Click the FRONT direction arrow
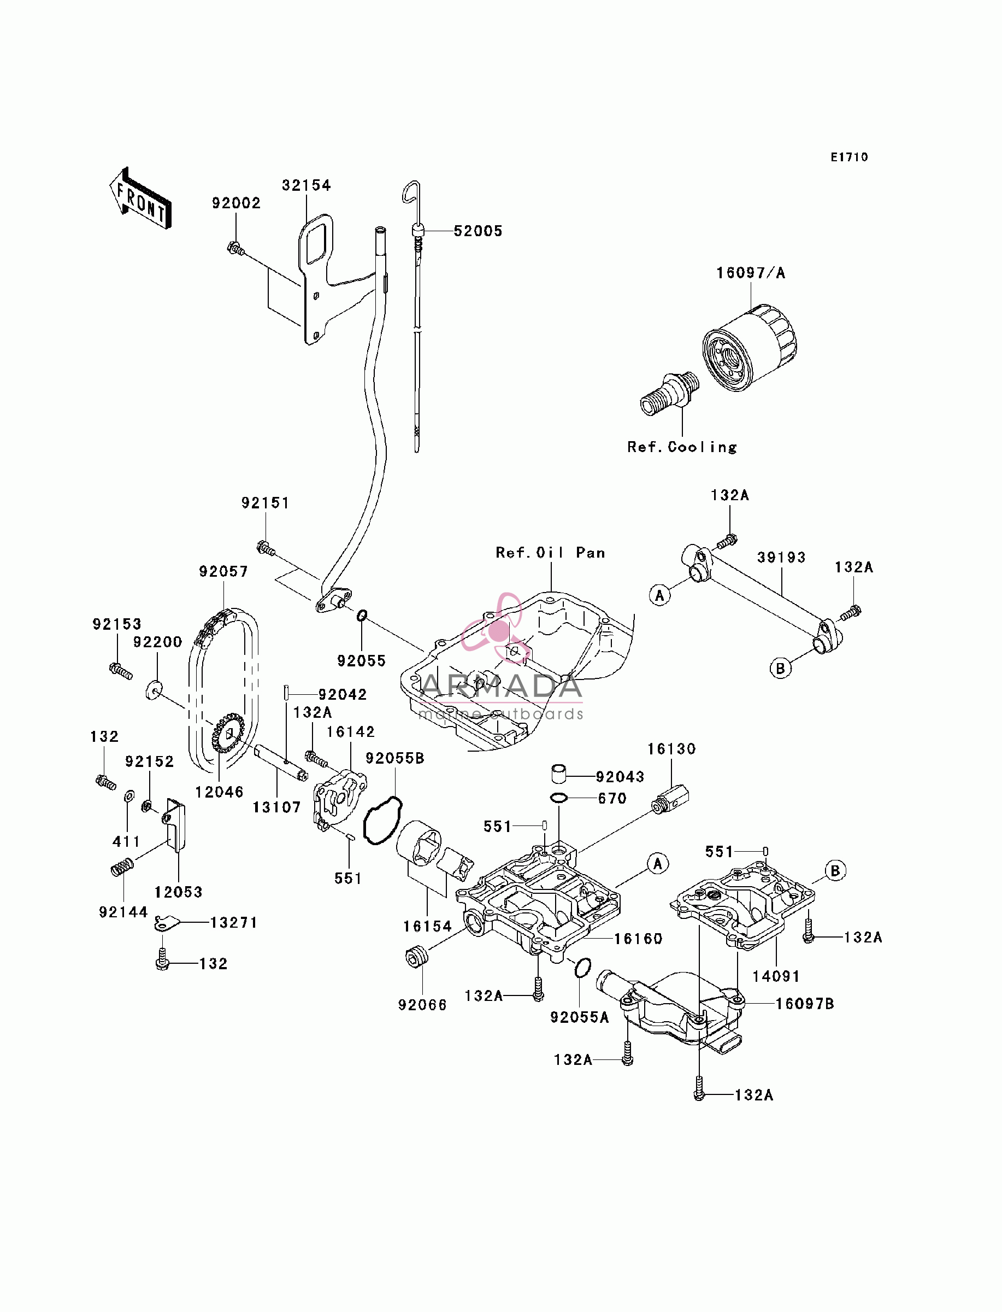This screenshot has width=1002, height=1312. click(x=141, y=198)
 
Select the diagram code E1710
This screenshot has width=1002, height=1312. click(x=850, y=157)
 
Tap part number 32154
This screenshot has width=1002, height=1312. click(x=306, y=185)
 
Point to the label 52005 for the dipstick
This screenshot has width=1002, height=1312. click(x=478, y=231)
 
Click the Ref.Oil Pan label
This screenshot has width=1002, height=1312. click(x=550, y=553)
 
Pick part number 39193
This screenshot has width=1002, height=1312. click(x=781, y=557)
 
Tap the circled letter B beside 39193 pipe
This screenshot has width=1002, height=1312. click(x=780, y=668)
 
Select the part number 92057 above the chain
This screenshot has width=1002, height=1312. click(x=223, y=572)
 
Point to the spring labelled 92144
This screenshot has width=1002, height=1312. click(x=122, y=867)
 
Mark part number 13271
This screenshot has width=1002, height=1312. click(x=234, y=922)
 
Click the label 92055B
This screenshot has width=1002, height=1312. click(x=395, y=758)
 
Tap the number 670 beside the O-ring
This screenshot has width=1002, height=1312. click(x=612, y=798)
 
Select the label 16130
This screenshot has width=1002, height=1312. click(x=671, y=749)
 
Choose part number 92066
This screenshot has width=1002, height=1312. click(x=422, y=1005)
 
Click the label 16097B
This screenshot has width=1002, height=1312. click(x=805, y=1004)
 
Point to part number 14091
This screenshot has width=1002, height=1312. click(x=776, y=977)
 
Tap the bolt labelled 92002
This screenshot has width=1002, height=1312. click(x=236, y=248)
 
